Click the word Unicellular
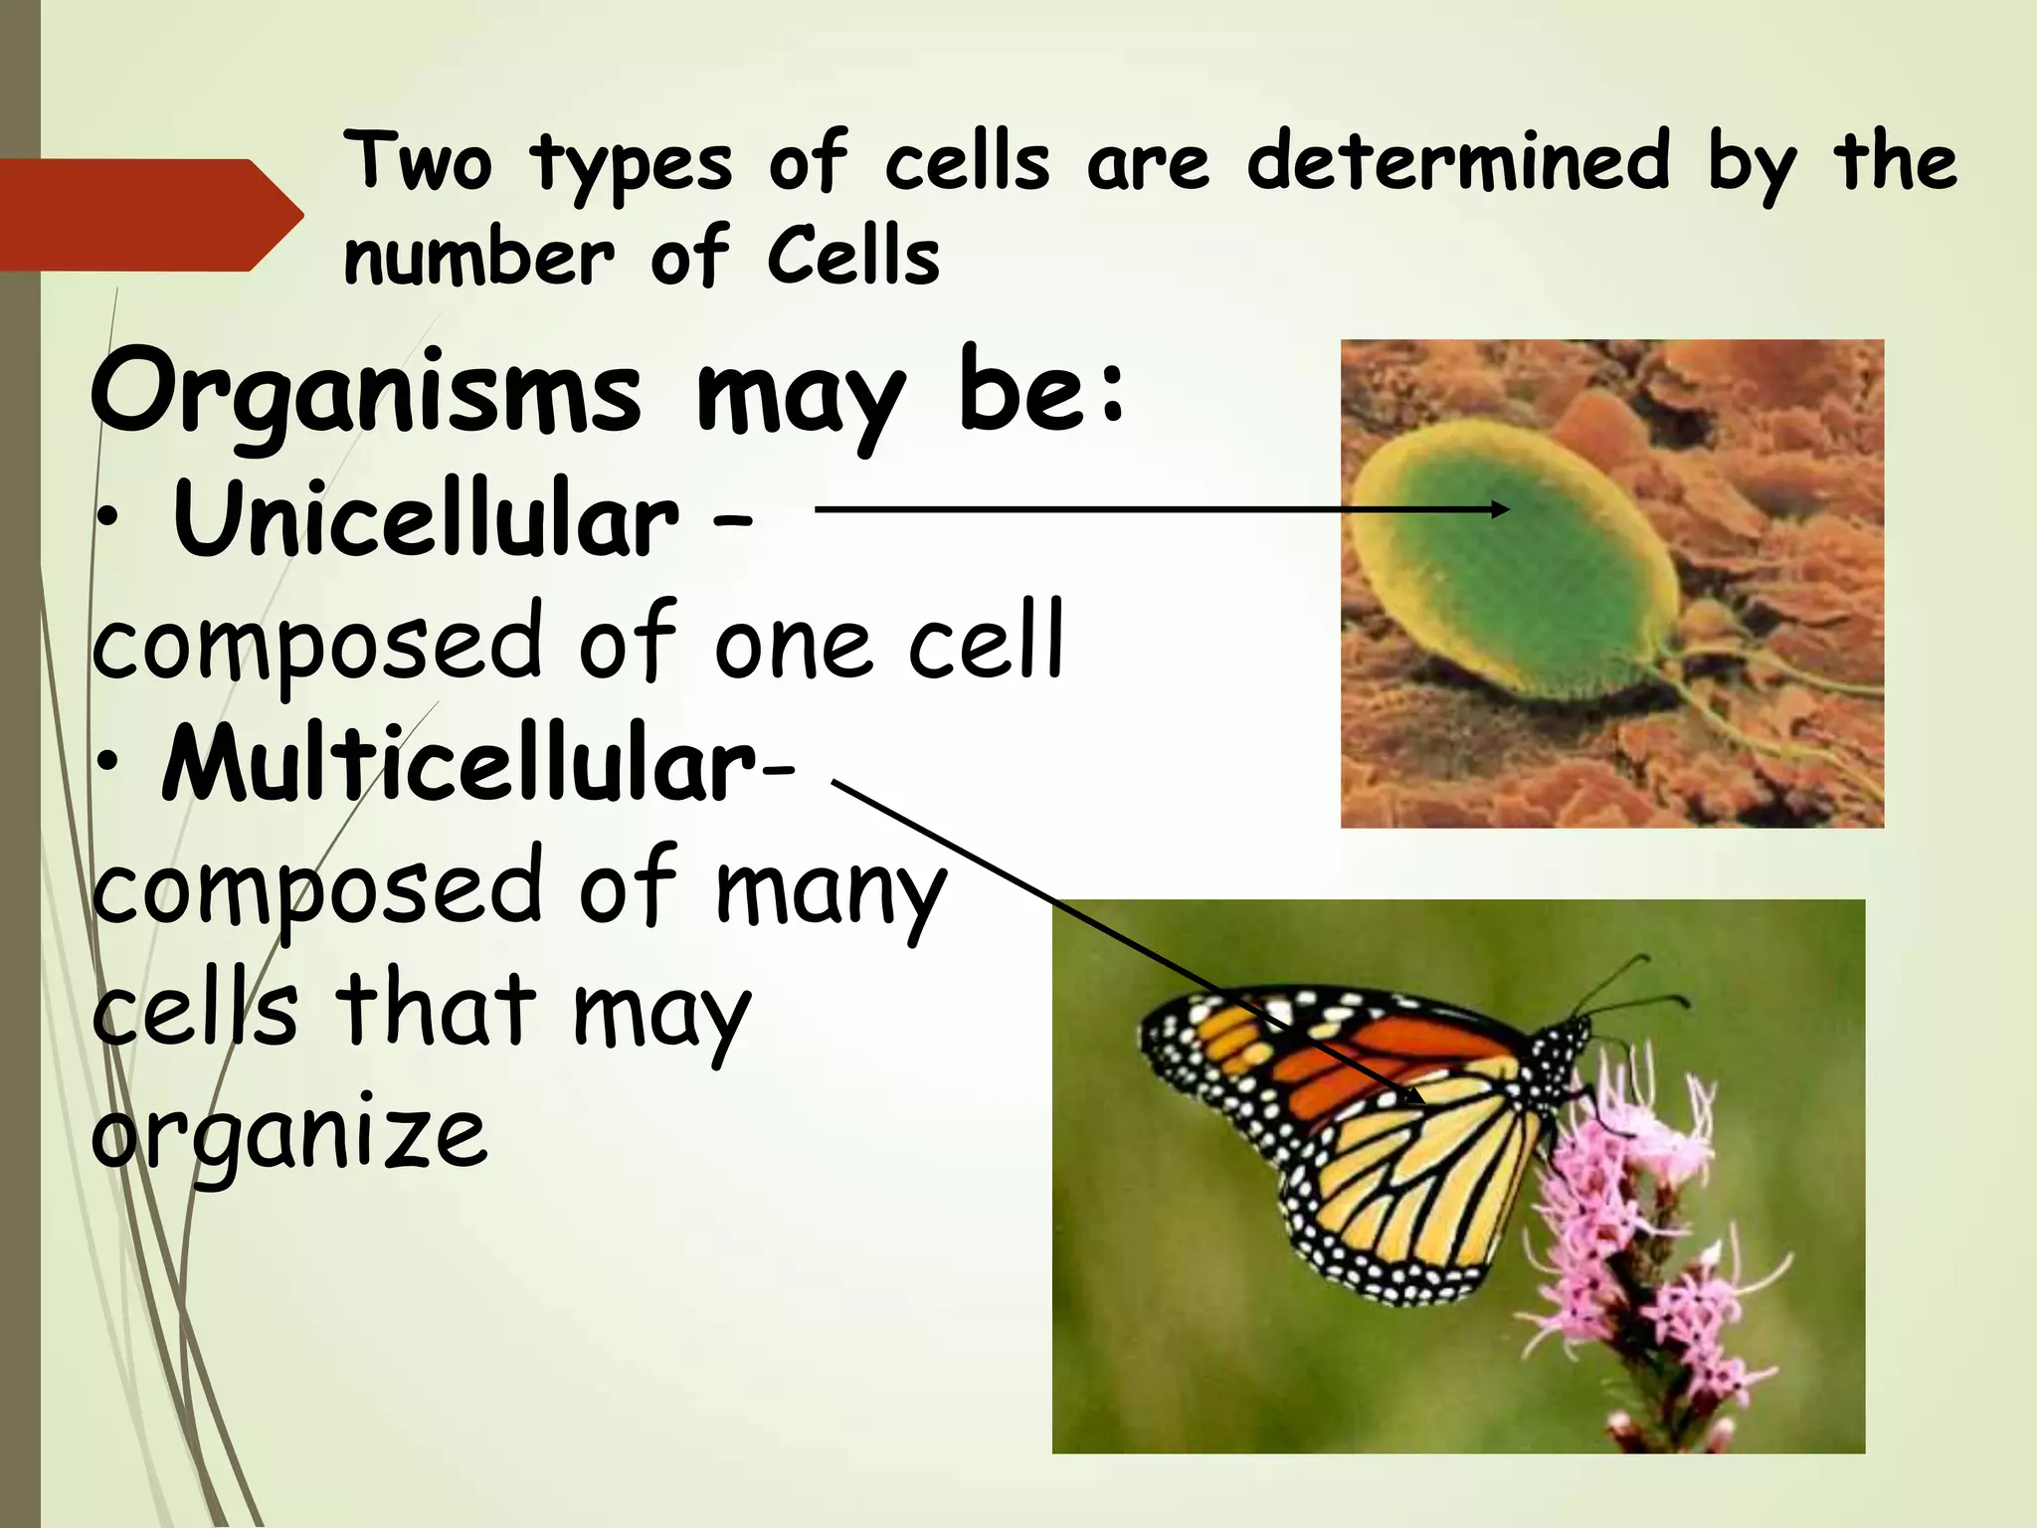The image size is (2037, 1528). click(426, 519)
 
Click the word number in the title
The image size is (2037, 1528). click(478, 259)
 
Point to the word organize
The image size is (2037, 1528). click(288, 1134)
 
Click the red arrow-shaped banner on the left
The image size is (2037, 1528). click(139, 215)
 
